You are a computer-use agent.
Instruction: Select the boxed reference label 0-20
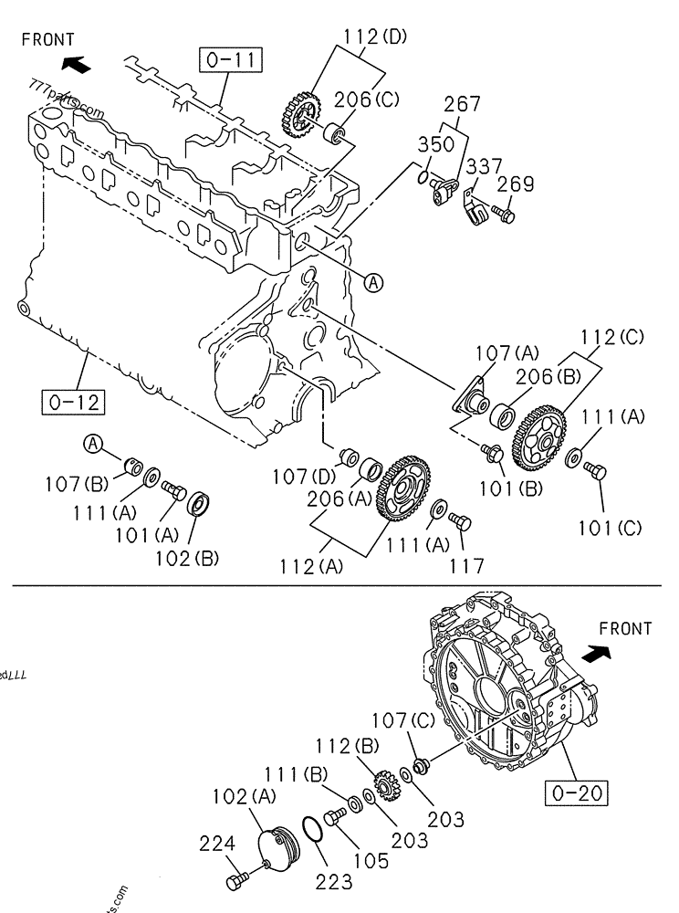(577, 792)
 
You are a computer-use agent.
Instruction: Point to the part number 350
(436, 145)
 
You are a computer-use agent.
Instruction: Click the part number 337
(485, 167)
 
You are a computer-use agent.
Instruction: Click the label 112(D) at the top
(376, 37)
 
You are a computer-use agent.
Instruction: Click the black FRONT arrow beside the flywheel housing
(596, 654)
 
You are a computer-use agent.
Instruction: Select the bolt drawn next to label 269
(505, 215)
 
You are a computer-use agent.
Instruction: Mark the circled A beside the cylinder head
(372, 283)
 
